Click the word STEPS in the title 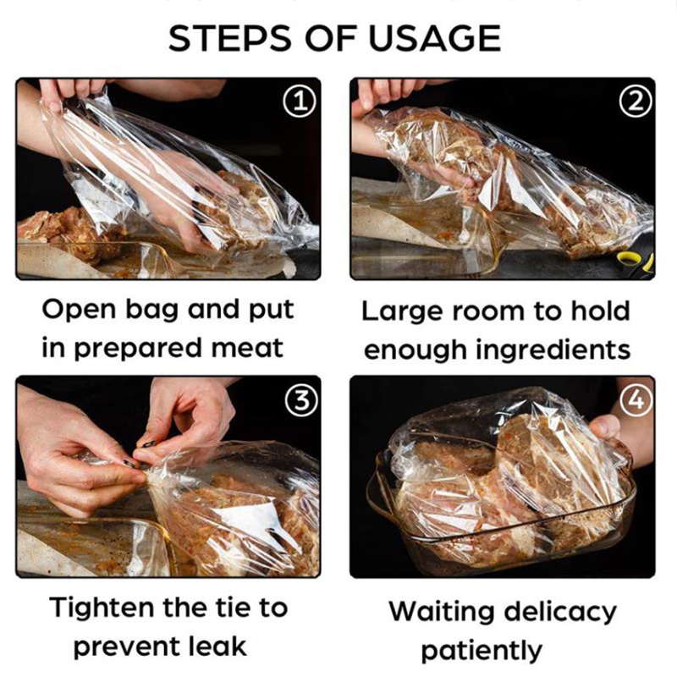(229, 38)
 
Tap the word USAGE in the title (434, 38)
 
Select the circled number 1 (300, 102)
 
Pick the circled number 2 (636, 102)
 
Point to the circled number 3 (301, 400)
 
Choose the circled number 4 (636, 400)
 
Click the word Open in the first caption (80, 311)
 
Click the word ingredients (553, 350)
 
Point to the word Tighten (102, 607)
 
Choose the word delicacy (560, 613)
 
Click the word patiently (482, 651)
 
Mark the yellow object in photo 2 (635, 261)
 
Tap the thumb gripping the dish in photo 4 (605, 427)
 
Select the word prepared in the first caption (137, 349)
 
